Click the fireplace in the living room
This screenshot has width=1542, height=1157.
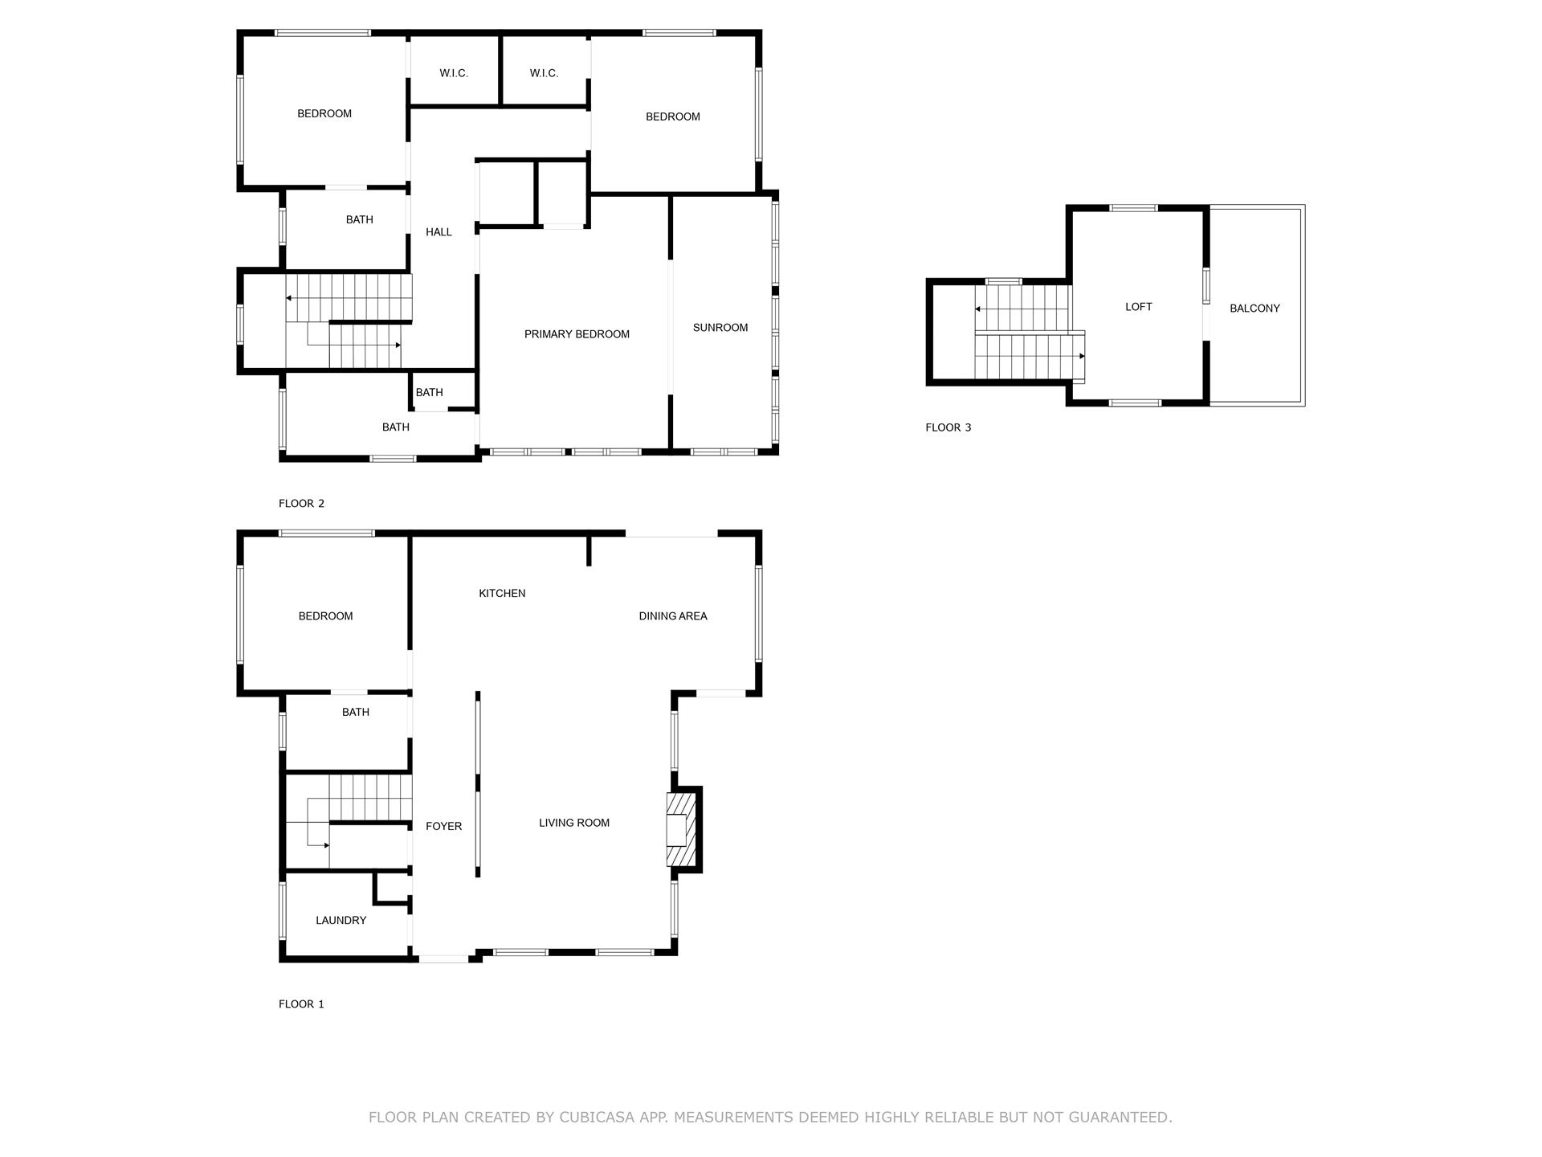(x=680, y=830)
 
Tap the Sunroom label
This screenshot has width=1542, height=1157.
(x=720, y=328)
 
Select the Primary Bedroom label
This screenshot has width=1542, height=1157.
(x=577, y=334)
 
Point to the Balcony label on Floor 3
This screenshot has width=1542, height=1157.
(x=1254, y=309)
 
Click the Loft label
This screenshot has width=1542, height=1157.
(x=1138, y=307)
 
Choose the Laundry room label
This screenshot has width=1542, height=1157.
(x=341, y=921)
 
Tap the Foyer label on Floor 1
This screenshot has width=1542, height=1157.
(x=443, y=826)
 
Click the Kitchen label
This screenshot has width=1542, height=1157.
(x=502, y=594)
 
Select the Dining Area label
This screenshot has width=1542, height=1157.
(x=673, y=616)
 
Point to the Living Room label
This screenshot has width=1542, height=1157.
(x=574, y=823)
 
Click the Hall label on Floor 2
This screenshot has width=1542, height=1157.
(x=439, y=232)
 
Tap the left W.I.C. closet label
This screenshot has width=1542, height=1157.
(x=454, y=73)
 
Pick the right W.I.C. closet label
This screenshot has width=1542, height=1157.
(x=544, y=73)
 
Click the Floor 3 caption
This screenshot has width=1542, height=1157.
(x=948, y=427)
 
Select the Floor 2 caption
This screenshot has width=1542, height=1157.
(x=301, y=504)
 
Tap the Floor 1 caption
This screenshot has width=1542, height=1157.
(x=301, y=1004)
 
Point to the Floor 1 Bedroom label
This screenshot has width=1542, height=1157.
(x=325, y=616)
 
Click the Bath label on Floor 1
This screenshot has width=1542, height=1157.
(x=356, y=712)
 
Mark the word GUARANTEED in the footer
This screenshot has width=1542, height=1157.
(x=1116, y=1118)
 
